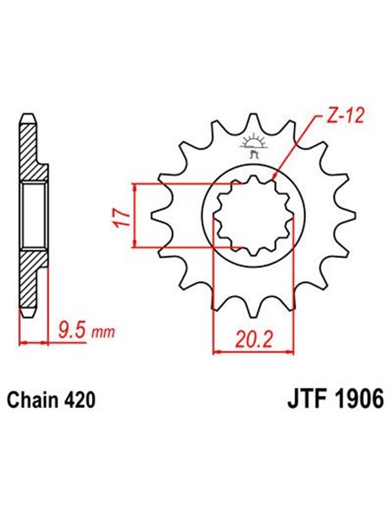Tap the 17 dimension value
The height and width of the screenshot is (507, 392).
(122, 214)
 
